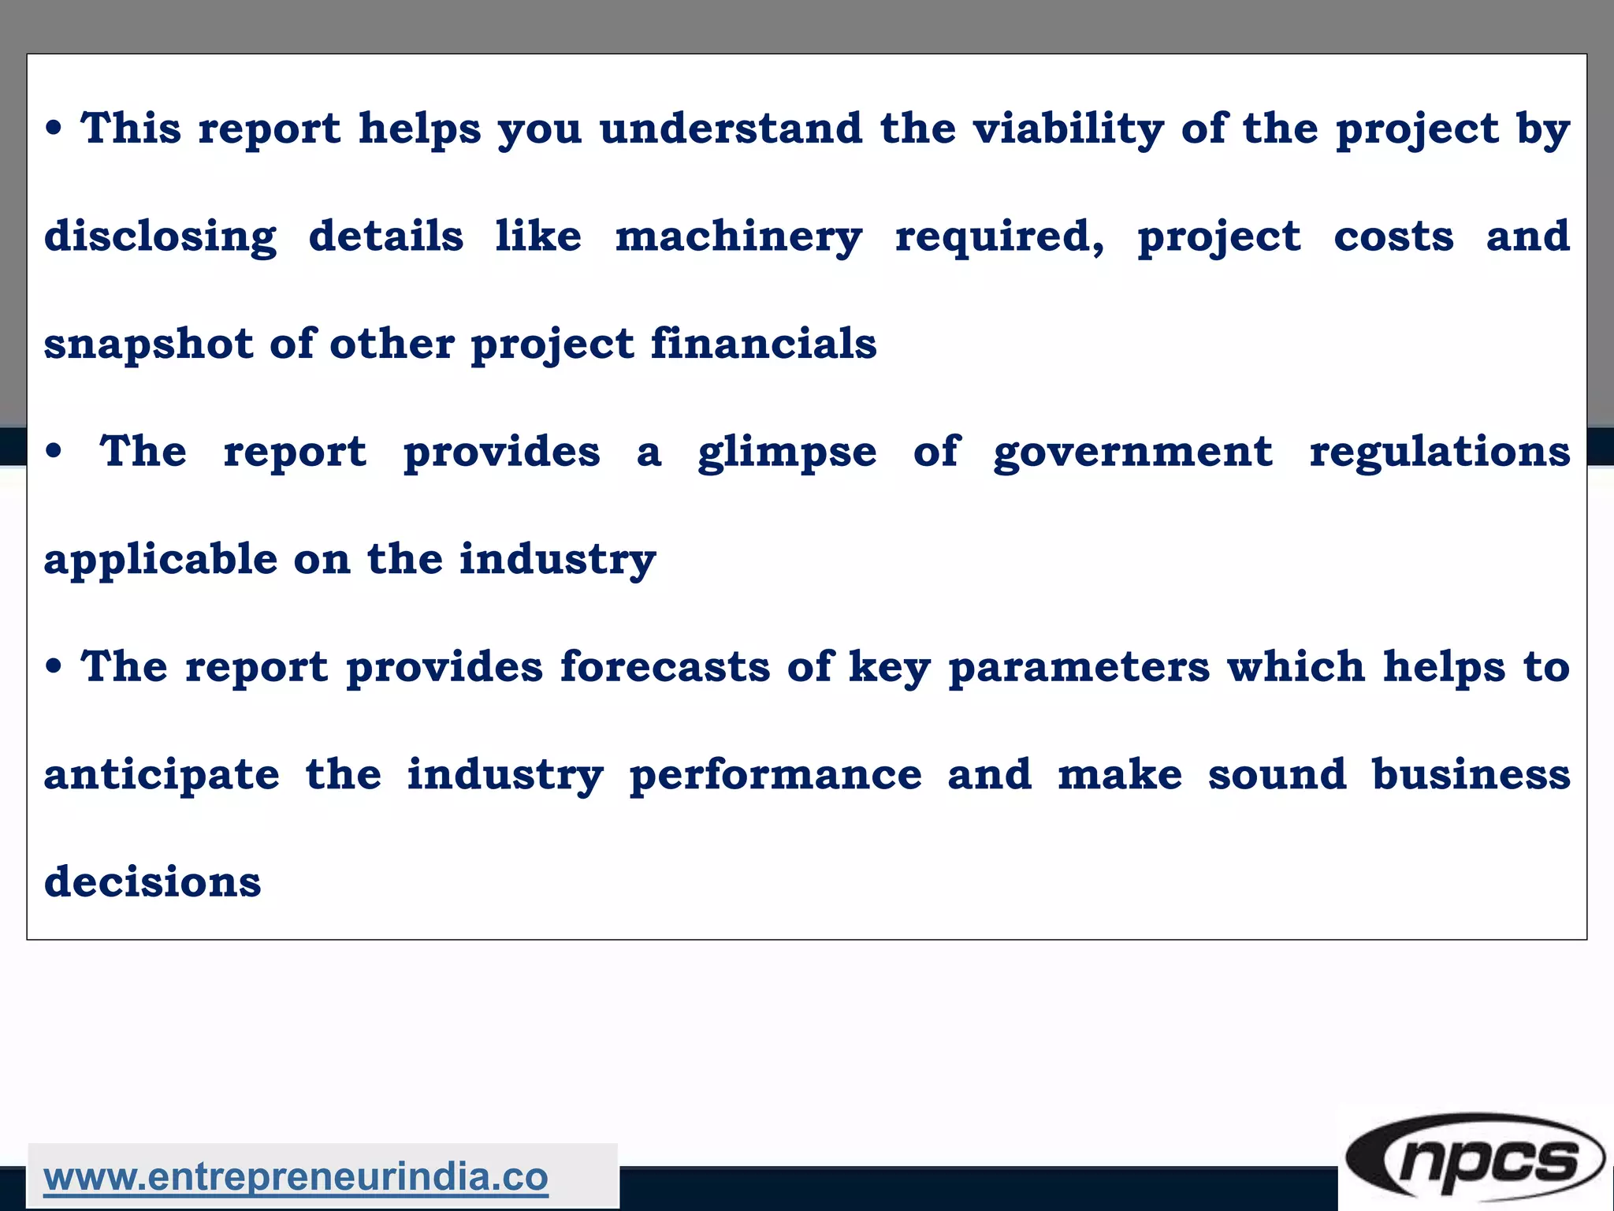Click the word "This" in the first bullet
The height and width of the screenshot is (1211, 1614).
click(131, 128)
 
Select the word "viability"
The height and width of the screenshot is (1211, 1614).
click(1068, 129)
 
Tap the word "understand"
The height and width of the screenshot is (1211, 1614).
click(731, 128)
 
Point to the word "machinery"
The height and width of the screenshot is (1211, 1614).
click(738, 237)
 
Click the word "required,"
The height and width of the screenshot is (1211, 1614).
click(1000, 237)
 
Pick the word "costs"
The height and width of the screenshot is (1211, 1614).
click(1393, 237)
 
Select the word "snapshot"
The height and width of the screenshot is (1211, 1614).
click(148, 345)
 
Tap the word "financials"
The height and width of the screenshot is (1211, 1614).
click(763, 343)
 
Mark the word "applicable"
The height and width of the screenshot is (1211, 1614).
click(161, 559)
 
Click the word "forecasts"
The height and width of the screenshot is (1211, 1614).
click(664, 667)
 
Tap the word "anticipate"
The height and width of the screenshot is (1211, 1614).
click(162, 775)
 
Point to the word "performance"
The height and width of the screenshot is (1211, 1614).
click(775, 775)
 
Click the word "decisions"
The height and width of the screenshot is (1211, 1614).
click(152, 881)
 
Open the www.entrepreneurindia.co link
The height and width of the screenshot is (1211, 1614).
click(296, 1177)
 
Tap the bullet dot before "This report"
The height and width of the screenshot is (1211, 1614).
click(54, 129)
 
